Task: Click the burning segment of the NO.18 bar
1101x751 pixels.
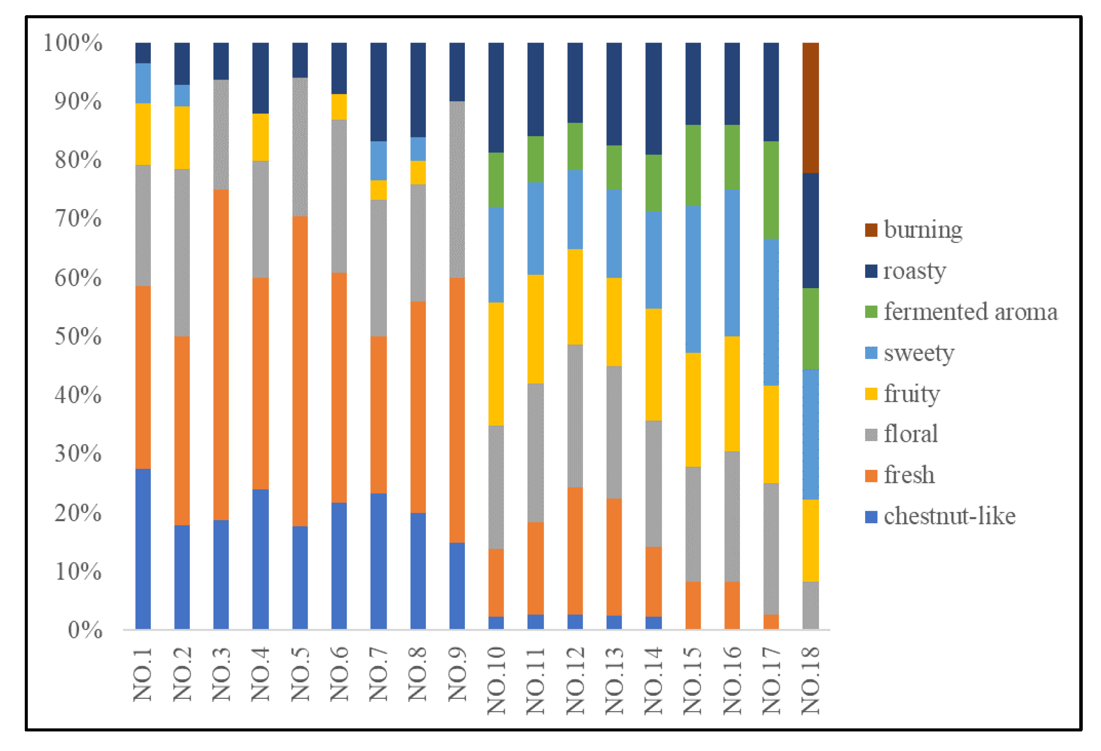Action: [810, 108]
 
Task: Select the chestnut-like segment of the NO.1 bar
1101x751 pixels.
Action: [143, 548]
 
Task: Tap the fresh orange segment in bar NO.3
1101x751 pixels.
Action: [221, 354]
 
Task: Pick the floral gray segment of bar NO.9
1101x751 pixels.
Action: [457, 189]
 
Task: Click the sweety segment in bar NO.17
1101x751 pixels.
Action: [771, 312]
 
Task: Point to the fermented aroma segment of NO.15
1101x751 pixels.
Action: [693, 165]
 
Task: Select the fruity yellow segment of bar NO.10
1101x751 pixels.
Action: [496, 364]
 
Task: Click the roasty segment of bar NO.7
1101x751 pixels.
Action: [378, 92]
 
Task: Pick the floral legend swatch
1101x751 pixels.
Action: [871, 435]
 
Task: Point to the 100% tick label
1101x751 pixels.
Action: [73, 43]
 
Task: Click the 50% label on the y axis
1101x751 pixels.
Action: [78, 336]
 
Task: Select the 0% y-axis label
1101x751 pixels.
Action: [85, 630]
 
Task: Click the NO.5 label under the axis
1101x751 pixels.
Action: [300, 674]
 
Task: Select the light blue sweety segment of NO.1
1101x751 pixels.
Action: [143, 83]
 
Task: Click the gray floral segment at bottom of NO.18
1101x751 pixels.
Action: [810, 605]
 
